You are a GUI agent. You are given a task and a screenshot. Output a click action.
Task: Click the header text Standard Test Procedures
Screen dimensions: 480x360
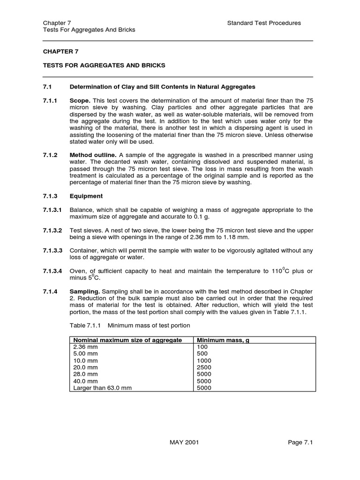point(264,23)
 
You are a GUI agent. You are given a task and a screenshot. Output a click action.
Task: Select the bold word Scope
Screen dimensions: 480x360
point(80,100)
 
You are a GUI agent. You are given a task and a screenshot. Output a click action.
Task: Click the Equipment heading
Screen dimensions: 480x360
point(86,196)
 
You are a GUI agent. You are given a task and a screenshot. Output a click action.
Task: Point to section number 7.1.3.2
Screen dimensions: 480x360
point(52,230)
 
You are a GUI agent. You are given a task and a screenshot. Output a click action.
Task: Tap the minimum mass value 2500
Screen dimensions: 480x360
point(204,367)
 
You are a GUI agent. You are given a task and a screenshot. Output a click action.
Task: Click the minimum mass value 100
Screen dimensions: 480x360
point(202,347)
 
